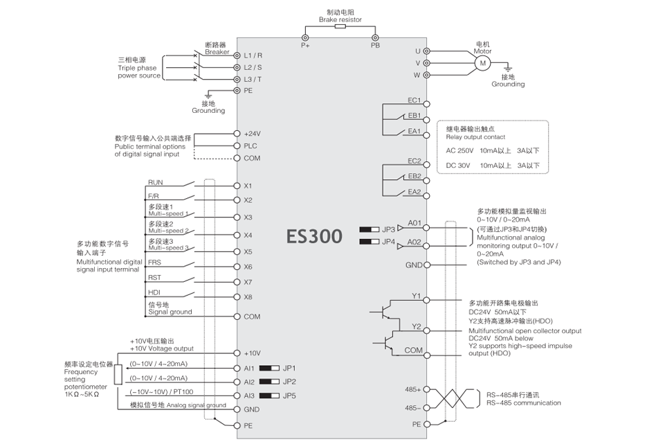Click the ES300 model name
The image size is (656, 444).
(x=315, y=236)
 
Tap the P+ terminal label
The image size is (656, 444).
(x=305, y=45)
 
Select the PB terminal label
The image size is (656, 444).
(x=375, y=45)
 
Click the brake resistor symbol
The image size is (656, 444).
(x=340, y=27)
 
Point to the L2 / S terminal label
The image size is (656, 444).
(x=253, y=67)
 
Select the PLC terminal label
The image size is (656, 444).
(x=250, y=146)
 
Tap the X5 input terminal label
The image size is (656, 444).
(x=248, y=251)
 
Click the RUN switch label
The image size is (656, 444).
(x=155, y=182)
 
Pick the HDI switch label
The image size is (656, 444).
(x=154, y=292)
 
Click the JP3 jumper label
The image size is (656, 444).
(x=388, y=229)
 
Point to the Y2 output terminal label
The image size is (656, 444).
(x=417, y=326)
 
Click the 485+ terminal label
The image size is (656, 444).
(x=413, y=389)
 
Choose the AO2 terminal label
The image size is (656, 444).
(x=414, y=242)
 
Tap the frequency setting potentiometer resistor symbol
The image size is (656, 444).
(x=118, y=375)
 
